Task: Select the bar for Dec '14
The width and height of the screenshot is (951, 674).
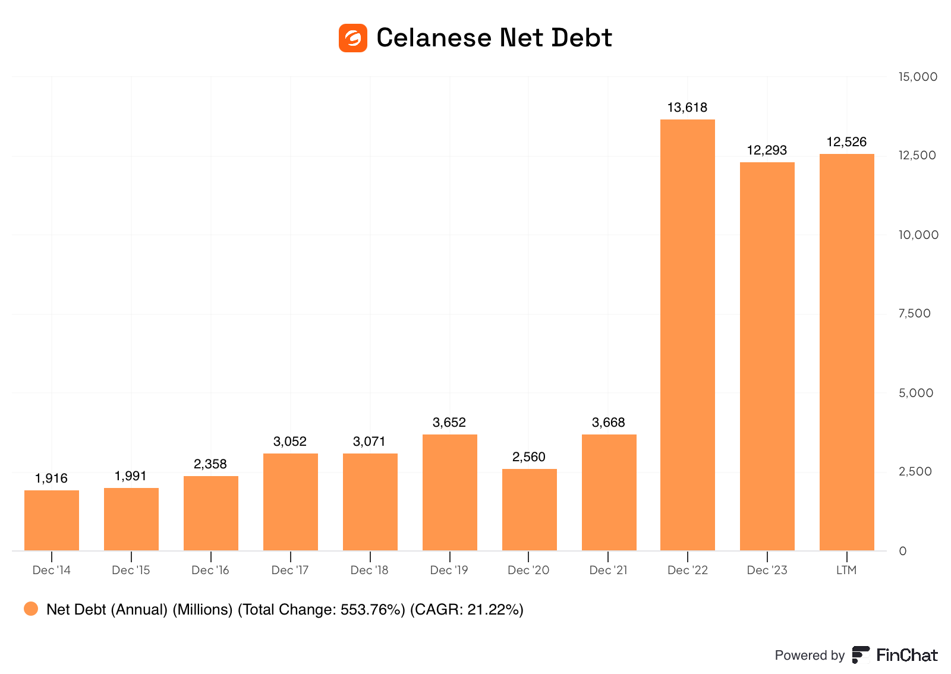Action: pos(52,520)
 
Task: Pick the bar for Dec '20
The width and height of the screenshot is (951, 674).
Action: pos(529,509)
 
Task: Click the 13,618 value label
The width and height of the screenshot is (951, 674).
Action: pos(688,108)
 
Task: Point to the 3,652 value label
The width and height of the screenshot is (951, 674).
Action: pos(449,423)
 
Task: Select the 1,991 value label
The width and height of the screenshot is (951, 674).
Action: pos(131,476)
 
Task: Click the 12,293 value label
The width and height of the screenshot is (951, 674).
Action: pos(767,150)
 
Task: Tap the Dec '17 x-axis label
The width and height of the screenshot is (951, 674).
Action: pos(290,570)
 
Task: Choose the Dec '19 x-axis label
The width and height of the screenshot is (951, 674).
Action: pos(449,570)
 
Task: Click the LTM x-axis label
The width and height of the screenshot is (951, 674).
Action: pos(846,570)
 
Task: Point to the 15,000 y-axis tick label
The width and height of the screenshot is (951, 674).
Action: pos(918,77)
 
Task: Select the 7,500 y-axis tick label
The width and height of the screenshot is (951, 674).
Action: pos(915,313)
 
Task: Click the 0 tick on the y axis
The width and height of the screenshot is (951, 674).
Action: pos(903,551)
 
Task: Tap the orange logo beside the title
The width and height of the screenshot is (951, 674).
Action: pos(353,38)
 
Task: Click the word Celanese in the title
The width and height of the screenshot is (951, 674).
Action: pos(434,38)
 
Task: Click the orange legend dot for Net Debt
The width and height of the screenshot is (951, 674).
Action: pos(31,609)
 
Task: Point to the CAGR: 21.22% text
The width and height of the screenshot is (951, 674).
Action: pos(467,610)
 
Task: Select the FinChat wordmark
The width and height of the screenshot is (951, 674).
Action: pos(907,655)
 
